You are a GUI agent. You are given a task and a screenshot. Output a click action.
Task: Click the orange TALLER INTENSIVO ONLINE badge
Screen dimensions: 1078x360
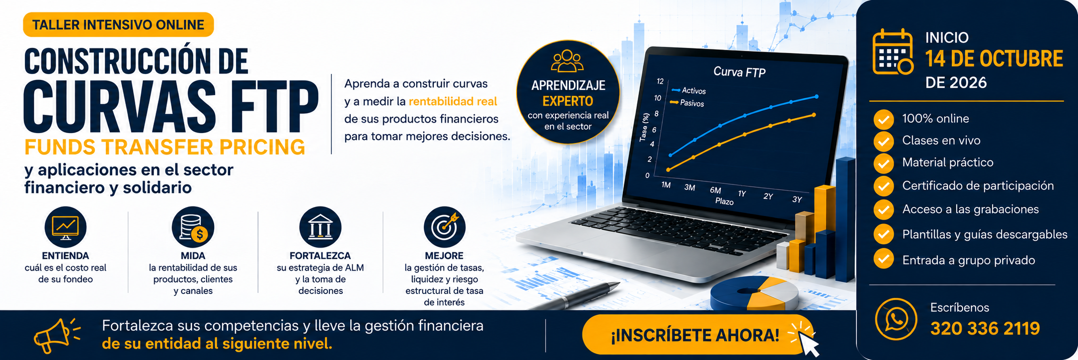click(118, 25)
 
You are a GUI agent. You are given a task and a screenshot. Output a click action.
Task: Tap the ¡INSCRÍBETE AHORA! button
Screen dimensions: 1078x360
click(695, 335)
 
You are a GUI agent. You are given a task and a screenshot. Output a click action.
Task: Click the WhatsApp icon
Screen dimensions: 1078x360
click(896, 319)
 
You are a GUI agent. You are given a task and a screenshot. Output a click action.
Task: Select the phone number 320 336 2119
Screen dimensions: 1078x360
click(985, 328)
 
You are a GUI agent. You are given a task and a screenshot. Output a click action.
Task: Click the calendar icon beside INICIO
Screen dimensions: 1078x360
click(893, 52)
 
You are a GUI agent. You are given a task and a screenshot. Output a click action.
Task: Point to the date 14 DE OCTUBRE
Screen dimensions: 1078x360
click(994, 59)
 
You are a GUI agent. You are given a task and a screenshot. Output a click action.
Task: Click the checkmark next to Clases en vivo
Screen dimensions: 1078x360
click(883, 141)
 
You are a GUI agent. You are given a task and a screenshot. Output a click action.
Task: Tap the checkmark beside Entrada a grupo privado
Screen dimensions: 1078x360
click(883, 259)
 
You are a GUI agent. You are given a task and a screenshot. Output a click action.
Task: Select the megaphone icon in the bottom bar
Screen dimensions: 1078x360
click(57, 335)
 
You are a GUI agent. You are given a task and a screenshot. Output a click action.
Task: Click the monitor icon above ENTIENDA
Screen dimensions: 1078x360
click(66, 227)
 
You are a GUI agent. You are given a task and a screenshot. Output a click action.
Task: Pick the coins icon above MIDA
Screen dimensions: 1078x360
click(193, 227)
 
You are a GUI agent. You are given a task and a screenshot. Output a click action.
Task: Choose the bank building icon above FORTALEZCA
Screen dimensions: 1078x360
click(320, 227)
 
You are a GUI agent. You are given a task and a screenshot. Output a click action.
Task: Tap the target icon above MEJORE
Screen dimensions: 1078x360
click(445, 227)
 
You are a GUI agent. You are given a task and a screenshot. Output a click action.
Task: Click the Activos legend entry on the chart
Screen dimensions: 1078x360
click(689, 90)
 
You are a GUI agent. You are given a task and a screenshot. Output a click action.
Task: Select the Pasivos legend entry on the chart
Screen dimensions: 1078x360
click(687, 103)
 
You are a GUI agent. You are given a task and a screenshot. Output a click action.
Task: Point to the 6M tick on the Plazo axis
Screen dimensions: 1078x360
click(715, 190)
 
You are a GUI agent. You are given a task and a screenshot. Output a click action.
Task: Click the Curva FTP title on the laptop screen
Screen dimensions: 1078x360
click(739, 72)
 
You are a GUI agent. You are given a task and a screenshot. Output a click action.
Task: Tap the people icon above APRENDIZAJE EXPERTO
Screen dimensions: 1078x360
click(567, 61)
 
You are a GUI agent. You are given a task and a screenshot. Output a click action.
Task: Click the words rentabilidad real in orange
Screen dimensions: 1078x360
click(453, 101)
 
